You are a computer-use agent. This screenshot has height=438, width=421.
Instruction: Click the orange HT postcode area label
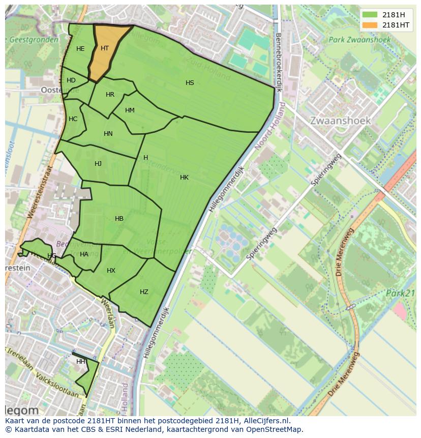(x=105, y=48)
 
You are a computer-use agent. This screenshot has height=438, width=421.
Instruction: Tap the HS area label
(x=190, y=83)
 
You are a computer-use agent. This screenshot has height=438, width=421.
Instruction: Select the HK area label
(x=184, y=178)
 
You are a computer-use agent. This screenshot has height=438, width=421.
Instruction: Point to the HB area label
(x=119, y=219)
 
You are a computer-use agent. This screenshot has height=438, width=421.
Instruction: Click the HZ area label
(x=144, y=292)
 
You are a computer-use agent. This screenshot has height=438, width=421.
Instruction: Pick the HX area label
(x=111, y=271)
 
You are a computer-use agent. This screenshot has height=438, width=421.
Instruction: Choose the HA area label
(x=84, y=254)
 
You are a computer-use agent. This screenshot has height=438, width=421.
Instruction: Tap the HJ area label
(x=98, y=164)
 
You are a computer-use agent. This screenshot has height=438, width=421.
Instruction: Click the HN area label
(x=108, y=134)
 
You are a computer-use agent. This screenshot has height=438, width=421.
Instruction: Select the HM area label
(x=130, y=110)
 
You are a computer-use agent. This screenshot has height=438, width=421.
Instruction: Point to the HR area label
(x=110, y=95)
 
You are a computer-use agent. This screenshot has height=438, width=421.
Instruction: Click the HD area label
(x=71, y=80)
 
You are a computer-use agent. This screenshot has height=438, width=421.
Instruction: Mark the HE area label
(x=80, y=49)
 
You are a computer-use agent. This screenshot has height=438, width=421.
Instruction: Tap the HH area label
(x=80, y=362)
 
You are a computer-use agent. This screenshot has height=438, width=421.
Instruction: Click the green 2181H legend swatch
(x=370, y=15)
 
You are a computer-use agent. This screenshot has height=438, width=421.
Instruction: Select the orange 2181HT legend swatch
(x=370, y=25)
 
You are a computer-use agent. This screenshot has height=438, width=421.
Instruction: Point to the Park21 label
(x=400, y=293)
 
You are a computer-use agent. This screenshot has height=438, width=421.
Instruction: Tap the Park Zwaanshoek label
(x=359, y=40)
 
